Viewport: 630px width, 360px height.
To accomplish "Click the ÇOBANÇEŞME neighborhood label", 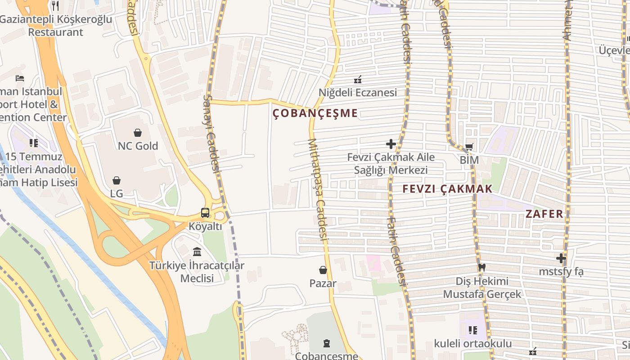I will (315, 113).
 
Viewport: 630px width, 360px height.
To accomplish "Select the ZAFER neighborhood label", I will (544, 214).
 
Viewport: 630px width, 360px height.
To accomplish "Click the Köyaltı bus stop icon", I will (205, 213).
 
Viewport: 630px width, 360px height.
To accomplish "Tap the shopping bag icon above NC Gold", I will (138, 133).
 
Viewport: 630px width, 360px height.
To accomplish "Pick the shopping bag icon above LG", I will (117, 180).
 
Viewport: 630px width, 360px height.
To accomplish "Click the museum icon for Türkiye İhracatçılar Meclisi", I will (197, 252).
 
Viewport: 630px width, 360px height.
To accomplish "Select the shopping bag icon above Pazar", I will (323, 270).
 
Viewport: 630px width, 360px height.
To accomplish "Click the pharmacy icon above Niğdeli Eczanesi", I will (358, 80).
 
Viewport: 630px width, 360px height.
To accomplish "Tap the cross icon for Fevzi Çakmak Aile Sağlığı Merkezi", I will (391, 144).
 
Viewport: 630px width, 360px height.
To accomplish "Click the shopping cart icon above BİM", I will (469, 147).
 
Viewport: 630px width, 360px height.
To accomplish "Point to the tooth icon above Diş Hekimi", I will (482, 267).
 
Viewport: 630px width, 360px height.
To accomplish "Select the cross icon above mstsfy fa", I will (561, 258).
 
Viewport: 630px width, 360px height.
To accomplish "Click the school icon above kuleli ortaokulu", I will (472, 330).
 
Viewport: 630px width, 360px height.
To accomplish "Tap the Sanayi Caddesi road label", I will (211, 133).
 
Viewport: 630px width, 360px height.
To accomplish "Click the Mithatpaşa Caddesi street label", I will (317, 189).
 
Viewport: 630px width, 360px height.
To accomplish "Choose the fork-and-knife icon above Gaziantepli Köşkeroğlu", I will (55, 6).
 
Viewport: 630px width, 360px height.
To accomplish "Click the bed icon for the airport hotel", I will (19, 78).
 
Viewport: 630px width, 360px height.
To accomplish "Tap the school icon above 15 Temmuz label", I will (34, 143).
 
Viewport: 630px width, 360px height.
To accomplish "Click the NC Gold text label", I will (138, 146).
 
